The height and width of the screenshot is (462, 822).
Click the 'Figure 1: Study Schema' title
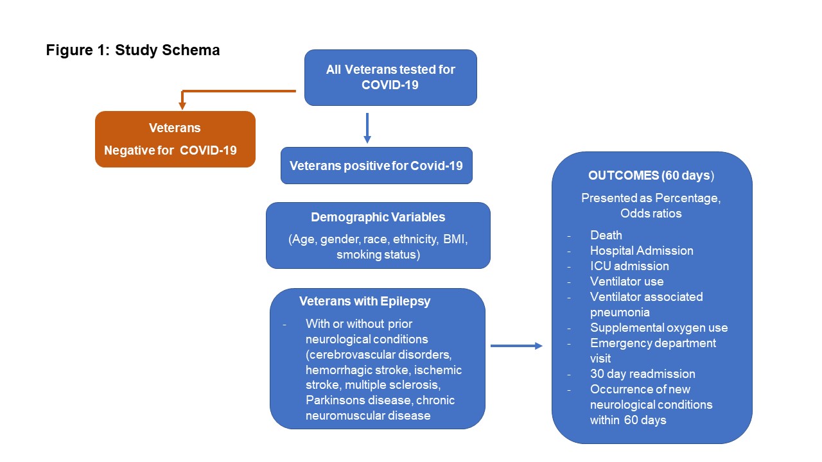point(133,51)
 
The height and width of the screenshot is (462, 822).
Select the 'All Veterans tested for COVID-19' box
point(390,77)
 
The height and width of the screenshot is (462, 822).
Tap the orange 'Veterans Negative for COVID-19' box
point(175,139)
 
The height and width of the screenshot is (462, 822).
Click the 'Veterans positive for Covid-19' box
point(376,166)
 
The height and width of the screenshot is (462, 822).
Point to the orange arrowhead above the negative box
point(182,105)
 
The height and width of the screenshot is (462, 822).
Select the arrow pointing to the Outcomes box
point(516,346)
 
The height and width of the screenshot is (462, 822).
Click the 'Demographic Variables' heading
point(378,217)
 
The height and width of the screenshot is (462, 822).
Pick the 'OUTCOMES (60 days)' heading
point(651,175)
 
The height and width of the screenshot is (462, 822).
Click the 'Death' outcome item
point(606,235)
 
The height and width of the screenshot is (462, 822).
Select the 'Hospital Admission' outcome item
point(642,251)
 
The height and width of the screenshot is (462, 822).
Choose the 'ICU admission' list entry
point(629,266)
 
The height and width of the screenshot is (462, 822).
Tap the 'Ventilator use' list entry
point(627,282)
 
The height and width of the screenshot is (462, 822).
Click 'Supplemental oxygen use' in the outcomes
point(659,328)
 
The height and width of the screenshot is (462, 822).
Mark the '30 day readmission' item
point(642,374)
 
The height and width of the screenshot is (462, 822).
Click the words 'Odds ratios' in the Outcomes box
point(651,213)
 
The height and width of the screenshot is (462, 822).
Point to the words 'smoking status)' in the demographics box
point(378,255)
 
